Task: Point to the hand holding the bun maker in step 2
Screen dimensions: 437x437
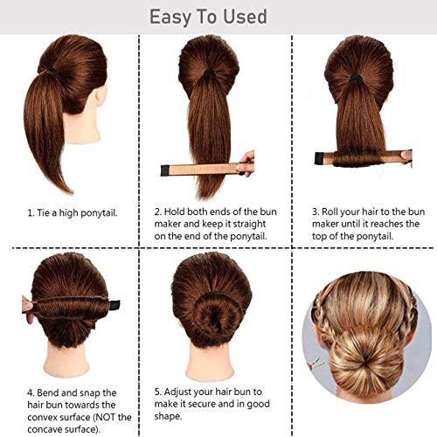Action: pyautogui.click(x=247, y=163)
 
